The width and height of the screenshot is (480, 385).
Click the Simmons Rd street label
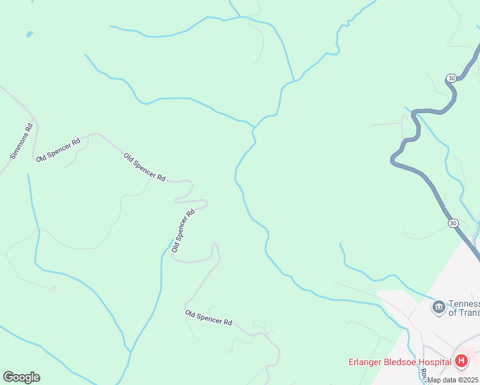click(x=21, y=141)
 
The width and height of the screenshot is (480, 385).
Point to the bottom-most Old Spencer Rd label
click(x=209, y=318)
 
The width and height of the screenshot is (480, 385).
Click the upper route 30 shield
click(x=452, y=78)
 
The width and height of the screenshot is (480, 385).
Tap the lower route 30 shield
click(x=453, y=223)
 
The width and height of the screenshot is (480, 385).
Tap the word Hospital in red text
click(x=434, y=363)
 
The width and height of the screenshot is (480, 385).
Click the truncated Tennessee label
click(x=464, y=304)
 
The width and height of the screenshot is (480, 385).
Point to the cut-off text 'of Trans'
click(x=464, y=312)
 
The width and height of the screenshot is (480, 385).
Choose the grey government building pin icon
click(x=439, y=307)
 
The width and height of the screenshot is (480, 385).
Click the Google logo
click(x=21, y=377)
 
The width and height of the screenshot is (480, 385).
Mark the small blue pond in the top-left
click(x=29, y=33)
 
